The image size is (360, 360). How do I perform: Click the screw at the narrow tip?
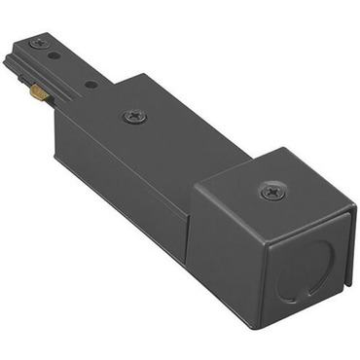[x=39, y=43]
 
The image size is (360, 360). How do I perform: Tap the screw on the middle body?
[x=135, y=116]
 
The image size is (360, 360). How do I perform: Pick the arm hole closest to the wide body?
[x=90, y=85]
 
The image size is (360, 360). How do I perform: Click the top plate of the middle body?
[x=165, y=122]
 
